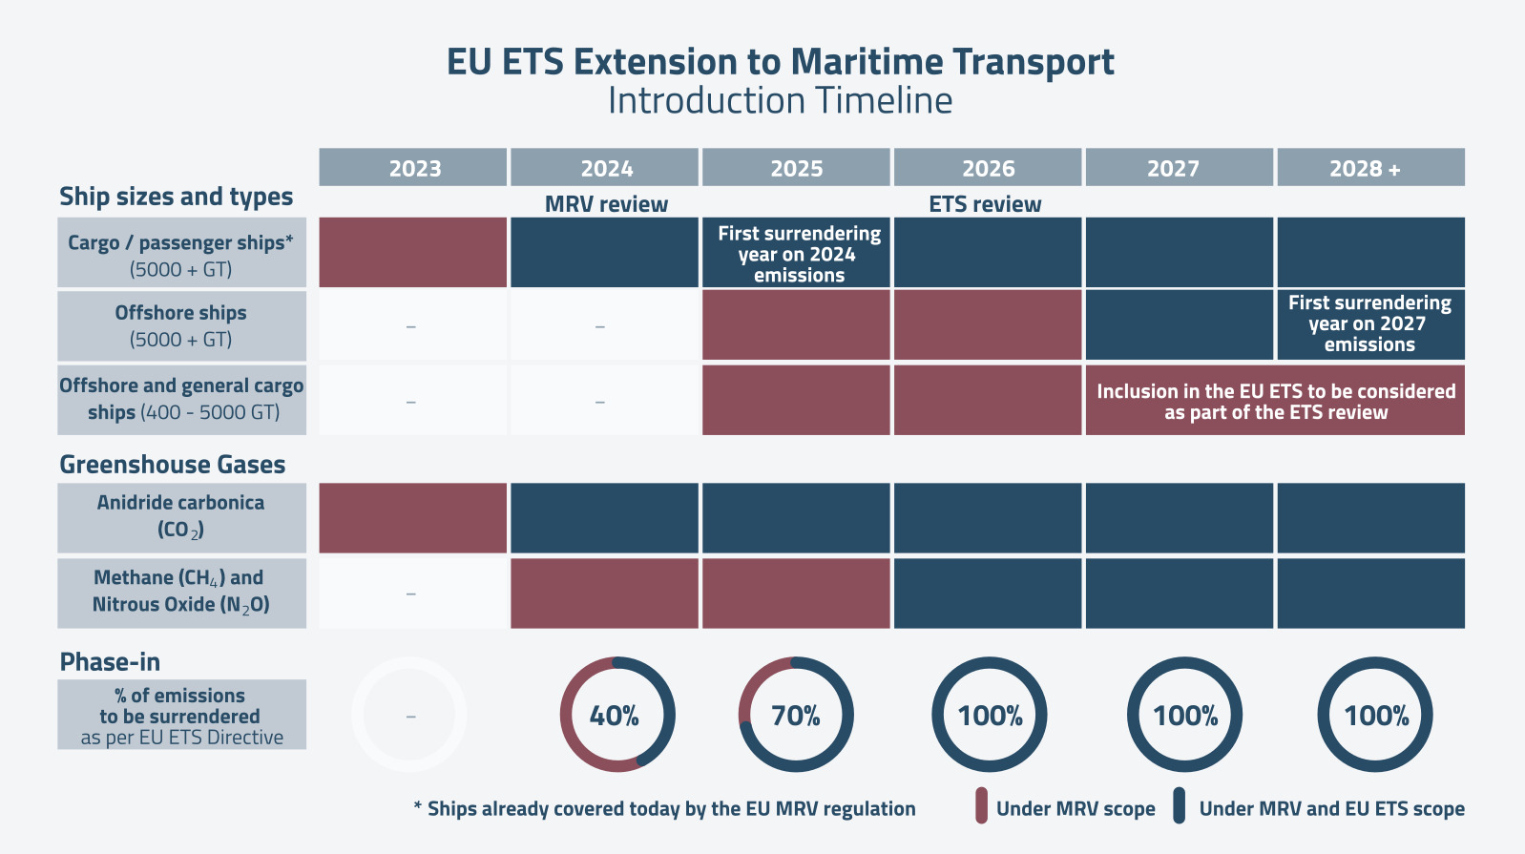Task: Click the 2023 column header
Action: click(412, 168)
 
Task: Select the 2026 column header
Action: click(988, 168)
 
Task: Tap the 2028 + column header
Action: click(1370, 168)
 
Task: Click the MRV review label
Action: click(606, 204)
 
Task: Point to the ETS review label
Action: click(985, 204)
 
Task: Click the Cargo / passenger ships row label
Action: click(181, 254)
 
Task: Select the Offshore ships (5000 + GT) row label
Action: click(181, 325)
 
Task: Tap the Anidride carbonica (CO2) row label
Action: click(181, 516)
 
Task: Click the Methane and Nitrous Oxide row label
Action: click(181, 592)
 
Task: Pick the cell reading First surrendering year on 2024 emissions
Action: click(798, 254)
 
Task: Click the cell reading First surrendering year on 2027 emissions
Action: click(1369, 323)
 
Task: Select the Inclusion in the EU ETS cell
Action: click(1275, 401)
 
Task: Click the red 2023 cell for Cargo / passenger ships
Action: click(412, 253)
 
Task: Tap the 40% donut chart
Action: click(616, 715)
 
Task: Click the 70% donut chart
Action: click(796, 715)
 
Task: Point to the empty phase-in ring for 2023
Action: click(409, 715)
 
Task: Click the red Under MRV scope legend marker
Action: click(981, 805)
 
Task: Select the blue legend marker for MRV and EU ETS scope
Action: click(1180, 805)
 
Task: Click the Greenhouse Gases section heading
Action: click(173, 465)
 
